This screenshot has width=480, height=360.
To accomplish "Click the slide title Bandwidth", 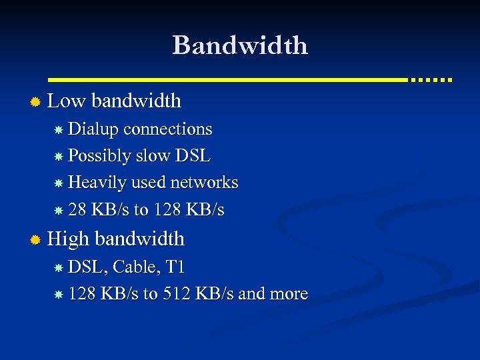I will pos(240,45).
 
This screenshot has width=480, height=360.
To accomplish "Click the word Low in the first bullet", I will pos(67,101).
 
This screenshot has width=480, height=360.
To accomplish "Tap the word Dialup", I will pos(93,129).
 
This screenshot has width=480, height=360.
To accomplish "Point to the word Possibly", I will pos(99,156).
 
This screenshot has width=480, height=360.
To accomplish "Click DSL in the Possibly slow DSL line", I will pos(193,156).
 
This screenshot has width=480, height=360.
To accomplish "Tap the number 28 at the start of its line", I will pos(77,210).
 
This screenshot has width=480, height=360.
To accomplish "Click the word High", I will pos(69,239).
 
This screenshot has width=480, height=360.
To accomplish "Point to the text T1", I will pos(175,267).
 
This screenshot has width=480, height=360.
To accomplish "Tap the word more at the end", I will pos(287,294).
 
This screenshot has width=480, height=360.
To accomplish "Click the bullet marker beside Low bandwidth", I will pos(36,102).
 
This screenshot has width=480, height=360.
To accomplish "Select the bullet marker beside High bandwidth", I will pos(36,239).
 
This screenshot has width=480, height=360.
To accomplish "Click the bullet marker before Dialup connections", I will pos(59,129).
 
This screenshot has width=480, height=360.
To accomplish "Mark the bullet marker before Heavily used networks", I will pos(59,183).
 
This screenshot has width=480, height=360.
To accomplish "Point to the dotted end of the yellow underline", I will pos(431,79).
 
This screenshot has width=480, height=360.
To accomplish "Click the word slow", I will pos(153,156).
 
